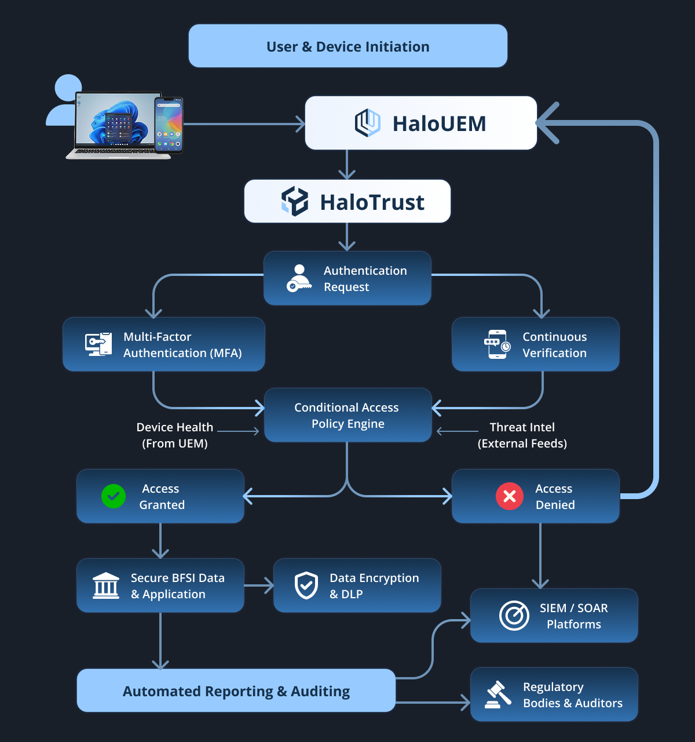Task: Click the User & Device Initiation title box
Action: [348, 46]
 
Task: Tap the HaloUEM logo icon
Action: [367, 123]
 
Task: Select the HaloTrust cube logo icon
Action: [295, 201]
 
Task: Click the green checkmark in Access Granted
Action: [113, 496]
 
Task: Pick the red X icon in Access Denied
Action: [510, 496]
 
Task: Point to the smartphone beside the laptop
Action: [169, 125]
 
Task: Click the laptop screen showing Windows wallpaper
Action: [116, 119]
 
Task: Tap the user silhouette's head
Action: [68, 88]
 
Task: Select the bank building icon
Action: [105, 585]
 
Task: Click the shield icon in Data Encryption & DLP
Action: [306, 585]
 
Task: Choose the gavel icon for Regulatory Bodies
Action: [498, 694]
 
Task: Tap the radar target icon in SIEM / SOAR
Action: [514, 616]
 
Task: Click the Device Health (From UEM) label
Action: [175, 435]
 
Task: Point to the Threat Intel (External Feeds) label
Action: [522, 435]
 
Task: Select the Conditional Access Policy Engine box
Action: [348, 415]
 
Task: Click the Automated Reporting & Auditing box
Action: [236, 690]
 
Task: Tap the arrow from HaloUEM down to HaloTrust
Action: [347, 165]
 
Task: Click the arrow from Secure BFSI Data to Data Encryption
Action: [259, 585]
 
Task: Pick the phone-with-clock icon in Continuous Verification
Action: [497, 344]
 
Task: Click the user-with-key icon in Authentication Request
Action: [299, 278]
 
